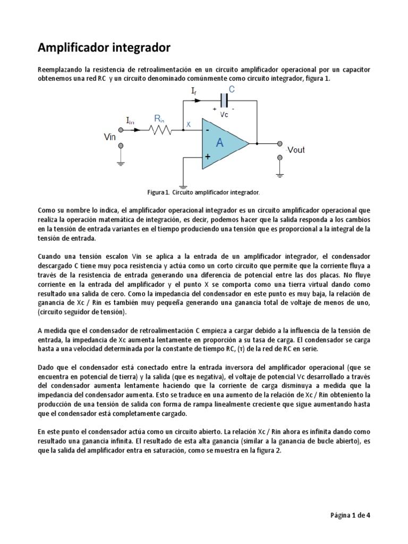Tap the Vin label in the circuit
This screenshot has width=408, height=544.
[110, 137]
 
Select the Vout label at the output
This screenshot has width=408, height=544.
[295, 150]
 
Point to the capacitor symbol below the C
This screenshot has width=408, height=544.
[224, 99]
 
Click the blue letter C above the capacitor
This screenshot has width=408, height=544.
[231, 89]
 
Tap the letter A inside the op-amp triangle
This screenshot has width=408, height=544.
[219, 142]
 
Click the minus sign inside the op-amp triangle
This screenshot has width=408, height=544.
[207, 130]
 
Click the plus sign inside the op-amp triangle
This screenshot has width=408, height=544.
[207, 157]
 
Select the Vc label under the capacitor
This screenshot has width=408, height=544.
[224, 114]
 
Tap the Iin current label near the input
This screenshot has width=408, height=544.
[130, 121]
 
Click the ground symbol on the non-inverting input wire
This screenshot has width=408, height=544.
[183, 186]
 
